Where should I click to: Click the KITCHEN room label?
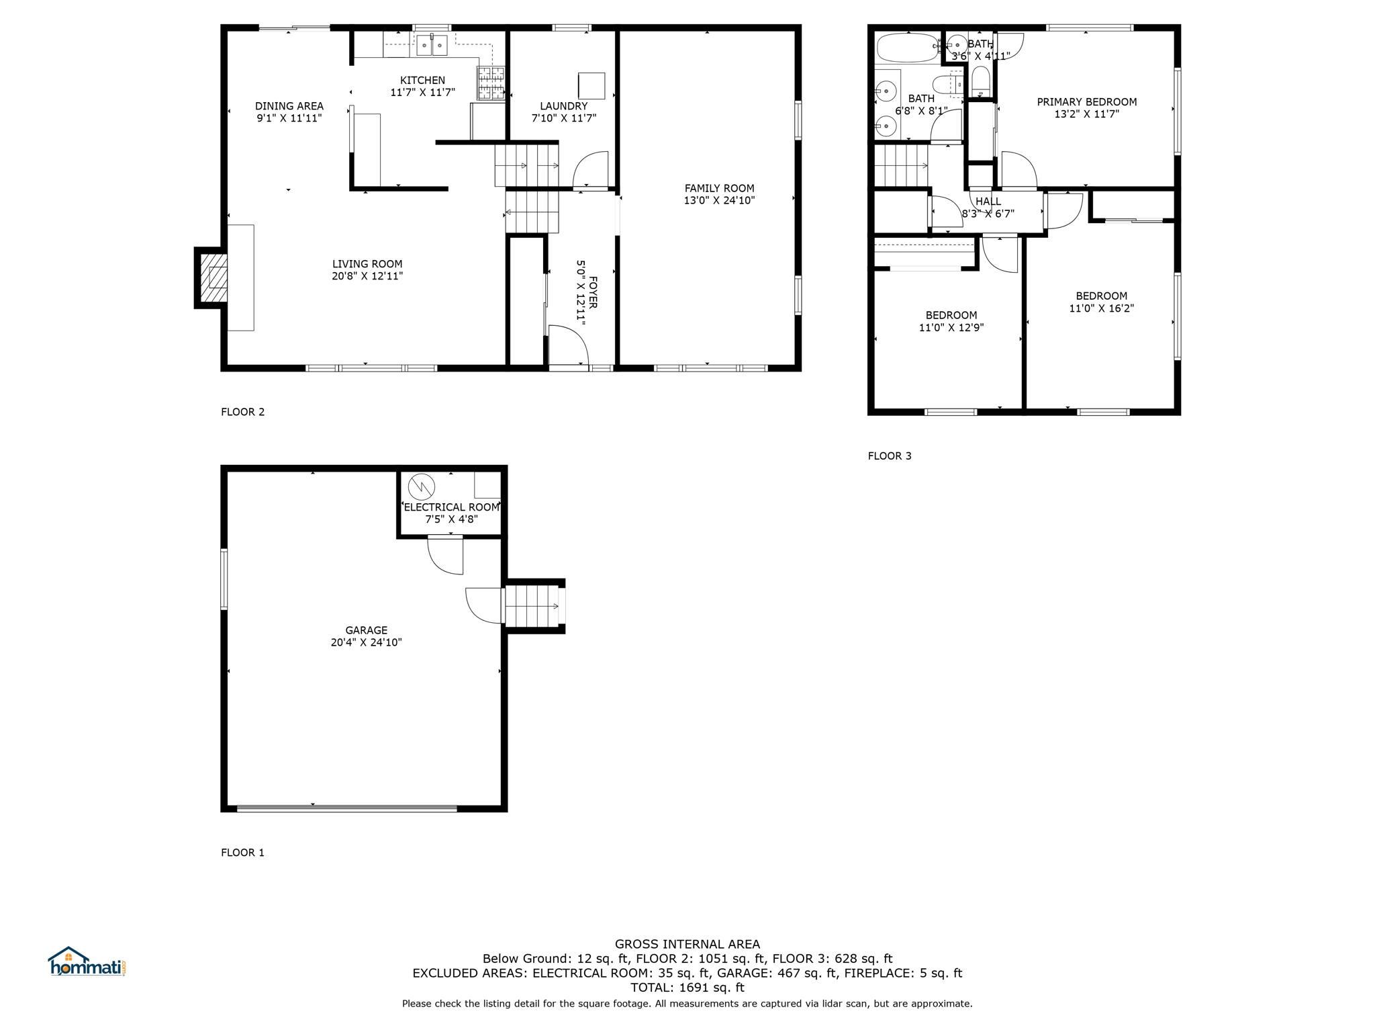pyautogui.click(x=422, y=80)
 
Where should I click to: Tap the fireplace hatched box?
pyautogui.click(x=214, y=277)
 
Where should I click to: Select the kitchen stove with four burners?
pyautogui.click(x=491, y=83)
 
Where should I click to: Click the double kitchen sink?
pyautogui.click(x=431, y=45)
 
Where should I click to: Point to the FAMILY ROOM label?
pyautogui.click(x=719, y=188)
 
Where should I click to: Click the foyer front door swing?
pyautogui.click(x=569, y=346)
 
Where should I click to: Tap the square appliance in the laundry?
pyautogui.click(x=591, y=86)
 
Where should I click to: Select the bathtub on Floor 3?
pyautogui.click(x=908, y=47)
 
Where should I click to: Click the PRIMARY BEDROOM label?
pyautogui.click(x=1086, y=102)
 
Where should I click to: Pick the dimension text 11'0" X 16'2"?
pyautogui.click(x=1101, y=308)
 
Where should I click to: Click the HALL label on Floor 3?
pyautogui.click(x=988, y=202)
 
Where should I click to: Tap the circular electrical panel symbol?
pyautogui.click(x=422, y=486)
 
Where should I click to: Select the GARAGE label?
pyautogui.click(x=366, y=630)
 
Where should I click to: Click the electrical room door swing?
pyautogui.click(x=445, y=555)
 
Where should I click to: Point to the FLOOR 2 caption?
pyautogui.click(x=242, y=412)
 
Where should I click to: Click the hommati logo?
pyautogui.click(x=87, y=961)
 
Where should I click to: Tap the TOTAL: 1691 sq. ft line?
pyautogui.click(x=687, y=988)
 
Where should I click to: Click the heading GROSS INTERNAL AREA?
pyautogui.click(x=687, y=944)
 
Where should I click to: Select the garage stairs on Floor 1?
pyautogui.click(x=532, y=606)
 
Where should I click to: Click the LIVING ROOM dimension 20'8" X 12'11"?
pyautogui.click(x=367, y=276)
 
